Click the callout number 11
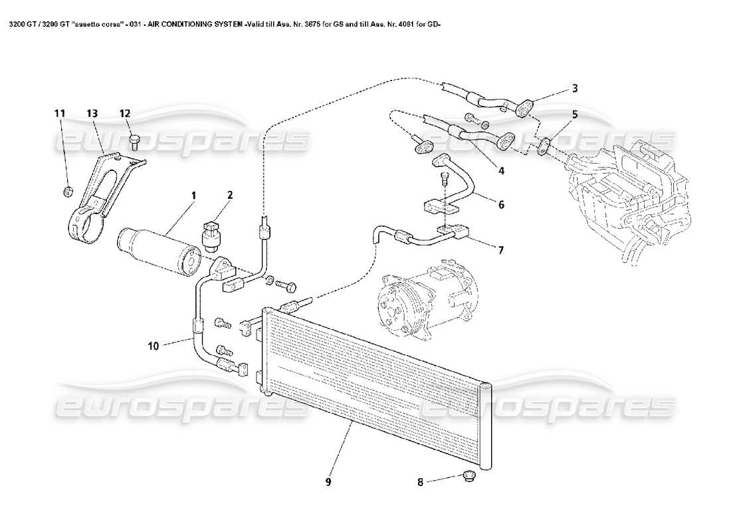(x=59, y=114)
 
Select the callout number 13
(x=92, y=114)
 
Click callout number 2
(x=229, y=196)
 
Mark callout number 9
(x=328, y=481)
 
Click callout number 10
(x=154, y=345)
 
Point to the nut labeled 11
(x=67, y=193)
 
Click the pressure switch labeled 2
(x=211, y=233)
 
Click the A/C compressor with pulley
(x=417, y=301)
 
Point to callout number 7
(x=500, y=250)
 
